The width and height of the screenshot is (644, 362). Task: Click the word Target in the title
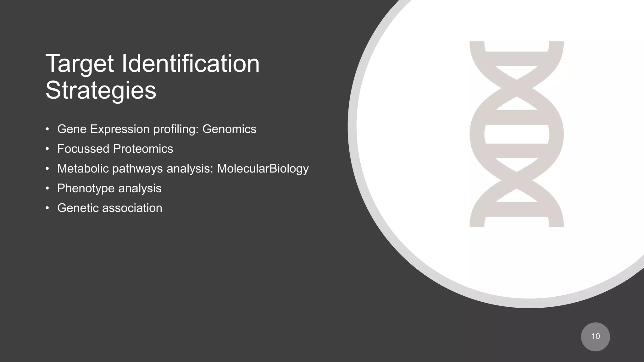tap(80, 64)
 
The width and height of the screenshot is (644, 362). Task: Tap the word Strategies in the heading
tap(101, 90)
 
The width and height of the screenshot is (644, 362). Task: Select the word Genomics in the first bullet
tap(229, 129)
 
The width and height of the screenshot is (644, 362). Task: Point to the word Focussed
tap(83, 149)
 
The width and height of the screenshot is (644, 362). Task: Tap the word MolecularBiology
tap(263, 169)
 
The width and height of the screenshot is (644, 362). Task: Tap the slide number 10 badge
tap(595, 337)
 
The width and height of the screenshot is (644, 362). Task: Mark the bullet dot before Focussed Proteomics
tap(47, 149)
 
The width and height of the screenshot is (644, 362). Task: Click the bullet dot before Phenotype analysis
tap(47, 189)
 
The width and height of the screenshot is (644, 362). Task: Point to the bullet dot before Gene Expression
tap(47, 129)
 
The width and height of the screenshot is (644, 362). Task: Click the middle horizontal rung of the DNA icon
tap(517, 134)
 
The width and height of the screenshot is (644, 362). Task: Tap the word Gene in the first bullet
tap(72, 129)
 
